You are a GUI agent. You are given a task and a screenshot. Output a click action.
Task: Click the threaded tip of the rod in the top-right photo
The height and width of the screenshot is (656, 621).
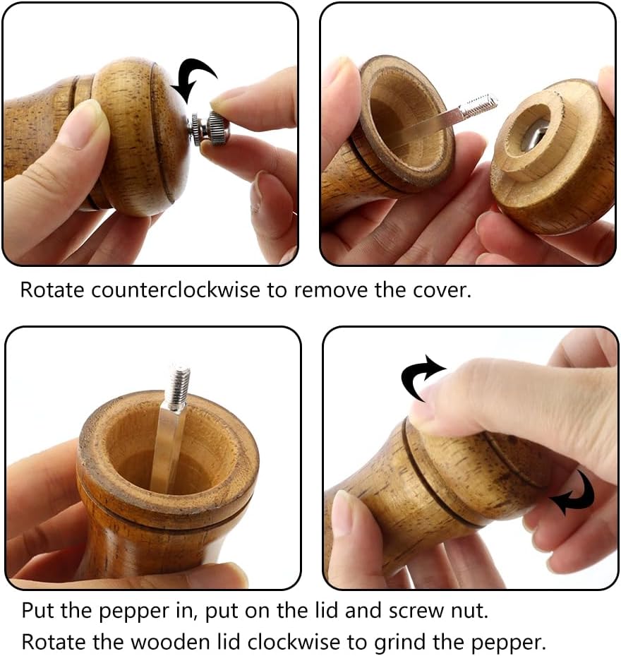[483, 104]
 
